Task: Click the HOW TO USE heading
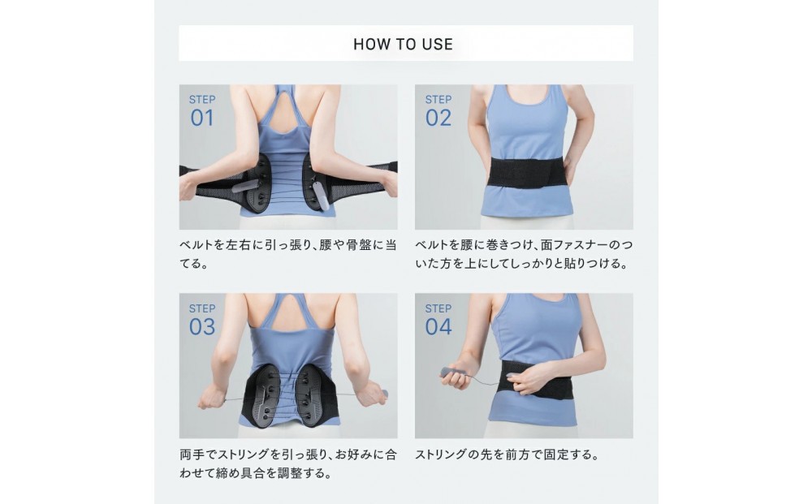click(403, 44)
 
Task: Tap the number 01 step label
click(202, 118)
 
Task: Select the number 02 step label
click(438, 118)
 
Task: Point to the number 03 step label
click(202, 327)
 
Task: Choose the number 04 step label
click(438, 327)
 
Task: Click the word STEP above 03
click(202, 308)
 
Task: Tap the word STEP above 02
click(438, 99)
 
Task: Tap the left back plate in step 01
click(258, 183)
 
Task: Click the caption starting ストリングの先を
click(507, 454)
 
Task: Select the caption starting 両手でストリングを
click(288, 463)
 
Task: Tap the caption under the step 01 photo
click(288, 254)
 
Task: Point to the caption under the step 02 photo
click(524, 254)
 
